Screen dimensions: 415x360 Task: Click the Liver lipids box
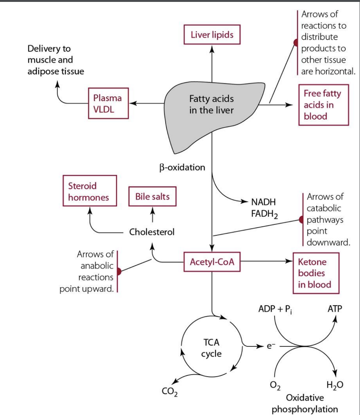click(212, 35)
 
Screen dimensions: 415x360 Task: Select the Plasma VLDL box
click(108, 103)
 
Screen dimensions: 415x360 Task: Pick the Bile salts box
click(152, 197)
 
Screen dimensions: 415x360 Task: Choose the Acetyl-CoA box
click(212, 261)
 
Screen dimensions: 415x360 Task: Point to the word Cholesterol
click(152, 232)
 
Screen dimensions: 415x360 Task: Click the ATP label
click(335, 309)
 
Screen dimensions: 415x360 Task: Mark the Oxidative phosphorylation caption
click(305, 403)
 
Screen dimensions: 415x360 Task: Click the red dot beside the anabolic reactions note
click(118, 271)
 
